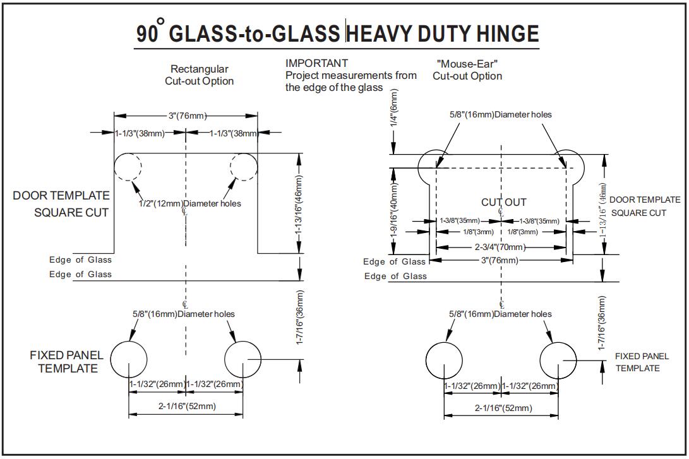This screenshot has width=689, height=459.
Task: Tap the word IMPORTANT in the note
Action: click(x=316, y=63)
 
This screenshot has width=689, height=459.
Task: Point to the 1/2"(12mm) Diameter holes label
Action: click(x=189, y=203)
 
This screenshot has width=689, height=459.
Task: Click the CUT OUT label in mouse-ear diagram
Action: click(x=503, y=202)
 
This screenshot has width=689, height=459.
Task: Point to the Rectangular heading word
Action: click(x=200, y=69)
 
